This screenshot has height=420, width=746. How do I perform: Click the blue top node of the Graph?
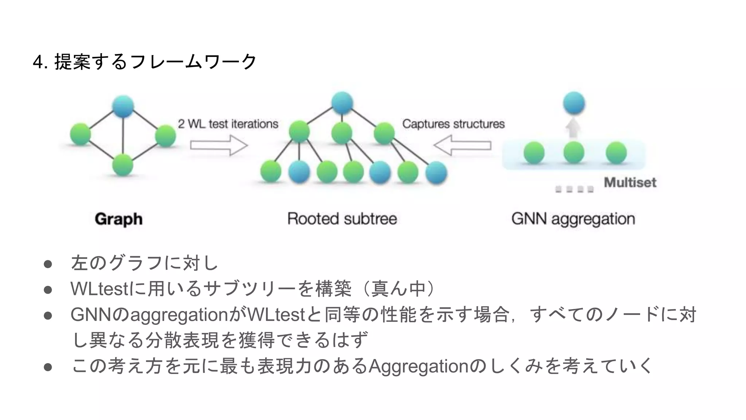click(x=123, y=106)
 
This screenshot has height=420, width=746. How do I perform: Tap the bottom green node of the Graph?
click(x=123, y=165)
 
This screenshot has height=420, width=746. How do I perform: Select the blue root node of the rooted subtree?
click(x=342, y=103)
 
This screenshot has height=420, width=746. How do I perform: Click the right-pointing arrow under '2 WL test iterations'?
click(x=219, y=145)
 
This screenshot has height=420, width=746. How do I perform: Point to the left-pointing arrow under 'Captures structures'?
click(x=462, y=145)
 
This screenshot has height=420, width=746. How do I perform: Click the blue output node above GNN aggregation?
click(x=574, y=103)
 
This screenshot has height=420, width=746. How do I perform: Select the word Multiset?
click(x=630, y=182)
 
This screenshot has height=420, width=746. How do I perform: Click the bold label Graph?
click(x=118, y=219)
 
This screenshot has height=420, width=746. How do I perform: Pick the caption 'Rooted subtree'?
click(x=342, y=219)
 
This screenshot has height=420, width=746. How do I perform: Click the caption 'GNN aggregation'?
click(x=573, y=219)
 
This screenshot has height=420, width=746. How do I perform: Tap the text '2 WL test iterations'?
click(x=228, y=124)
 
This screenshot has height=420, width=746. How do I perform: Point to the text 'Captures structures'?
click(x=453, y=124)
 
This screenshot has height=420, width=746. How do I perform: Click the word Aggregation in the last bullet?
click(x=419, y=366)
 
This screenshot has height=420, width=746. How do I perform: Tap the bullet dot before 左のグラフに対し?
click(x=48, y=264)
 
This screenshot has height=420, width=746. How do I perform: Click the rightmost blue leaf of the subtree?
click(x=436, y=172)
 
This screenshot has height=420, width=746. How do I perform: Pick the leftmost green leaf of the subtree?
click(x=271, y=171)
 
